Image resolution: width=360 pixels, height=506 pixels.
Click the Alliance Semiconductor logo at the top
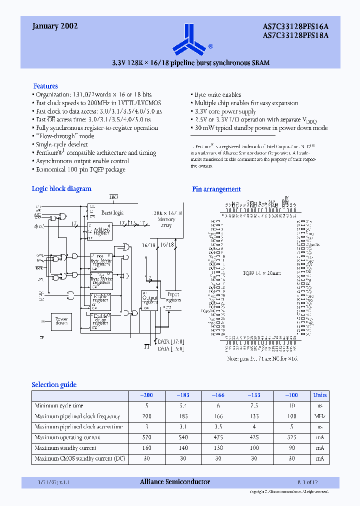click(x=188, y=38)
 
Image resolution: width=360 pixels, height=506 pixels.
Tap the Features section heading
click(x=45, y=86)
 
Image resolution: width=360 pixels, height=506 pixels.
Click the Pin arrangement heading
click(x=216, y=189)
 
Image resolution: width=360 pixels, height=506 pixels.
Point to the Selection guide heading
click(x=54, y=384)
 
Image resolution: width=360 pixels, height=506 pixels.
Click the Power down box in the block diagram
click(x=61, y=321)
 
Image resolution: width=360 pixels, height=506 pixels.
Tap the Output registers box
click(x=150, y=300)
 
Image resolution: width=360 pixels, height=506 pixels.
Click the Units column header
click(x=319, y=395)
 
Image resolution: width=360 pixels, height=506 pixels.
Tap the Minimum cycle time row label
click(x=59, y=405)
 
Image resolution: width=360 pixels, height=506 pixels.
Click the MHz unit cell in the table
click(x=319, y=416)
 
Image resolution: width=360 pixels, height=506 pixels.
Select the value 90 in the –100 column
click(x=291, y=448)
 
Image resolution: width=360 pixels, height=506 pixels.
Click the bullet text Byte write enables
click(x=217, y=94)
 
